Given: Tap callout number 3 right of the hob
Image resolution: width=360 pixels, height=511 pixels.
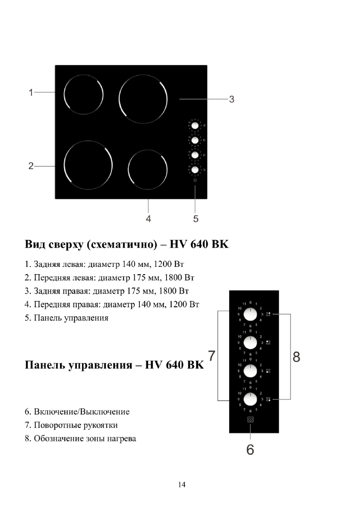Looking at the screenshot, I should coord(231,99).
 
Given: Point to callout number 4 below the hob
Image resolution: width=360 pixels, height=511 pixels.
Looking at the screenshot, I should coord(148,218).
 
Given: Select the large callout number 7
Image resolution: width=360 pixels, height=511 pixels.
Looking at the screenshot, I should coord(212,356).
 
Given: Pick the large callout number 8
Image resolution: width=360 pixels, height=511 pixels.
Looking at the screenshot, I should coord(296,356).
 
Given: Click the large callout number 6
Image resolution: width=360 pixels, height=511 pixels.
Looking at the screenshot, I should coord(250,449).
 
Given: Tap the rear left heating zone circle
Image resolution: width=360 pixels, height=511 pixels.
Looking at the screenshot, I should coord(83,95).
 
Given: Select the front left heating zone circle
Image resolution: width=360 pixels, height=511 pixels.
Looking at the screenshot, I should coord(88,165).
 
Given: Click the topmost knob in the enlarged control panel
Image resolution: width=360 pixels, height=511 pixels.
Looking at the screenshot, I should coord(250,314).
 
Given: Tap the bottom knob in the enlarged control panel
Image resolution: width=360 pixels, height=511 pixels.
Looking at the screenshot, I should coord(250,399).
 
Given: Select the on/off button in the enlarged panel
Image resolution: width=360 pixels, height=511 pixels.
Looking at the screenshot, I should coord(251,420).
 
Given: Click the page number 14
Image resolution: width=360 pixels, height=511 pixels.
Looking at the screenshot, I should coord(182,485).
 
